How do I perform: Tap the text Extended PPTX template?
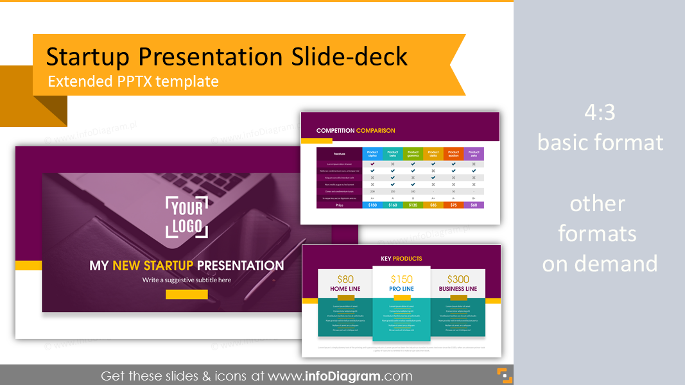click(x=133, y=81)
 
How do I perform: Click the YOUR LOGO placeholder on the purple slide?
click(x=187, y=218)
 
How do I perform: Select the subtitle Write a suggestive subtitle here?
click(x=187, y=280)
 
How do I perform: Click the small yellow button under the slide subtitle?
click(x=186, y=295)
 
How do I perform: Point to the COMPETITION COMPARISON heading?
click(x=356, y=130)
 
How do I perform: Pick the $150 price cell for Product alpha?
click(x=372, y=205)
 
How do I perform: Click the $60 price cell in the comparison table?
click(x=474, y=205)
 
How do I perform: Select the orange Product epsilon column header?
click(x=453, y=154)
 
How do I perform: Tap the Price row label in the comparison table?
click(x=339, y=205)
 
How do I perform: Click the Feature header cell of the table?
click(x=339, y=154)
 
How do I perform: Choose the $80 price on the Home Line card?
click(x=345, y=279)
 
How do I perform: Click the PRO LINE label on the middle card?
click(x=401, y=289)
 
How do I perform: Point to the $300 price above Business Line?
click(x=458, y=279)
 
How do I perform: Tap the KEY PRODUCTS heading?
click(x=401, y=259)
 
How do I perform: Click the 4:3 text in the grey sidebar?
click(x=600, y=113)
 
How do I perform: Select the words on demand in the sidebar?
click(x=600, y=263)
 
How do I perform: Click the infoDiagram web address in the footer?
click(x=340, y=376)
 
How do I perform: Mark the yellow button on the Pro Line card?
click(x=401, y=298)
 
